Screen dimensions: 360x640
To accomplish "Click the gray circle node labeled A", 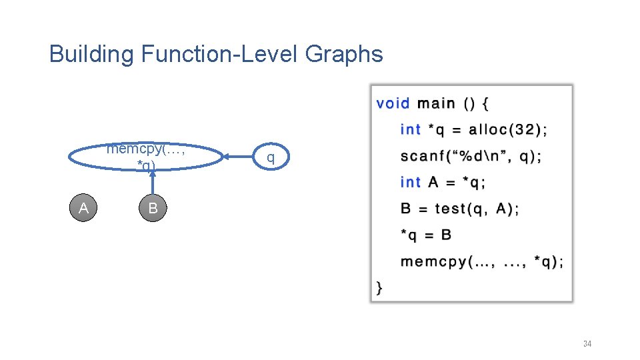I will (x=84, y=209).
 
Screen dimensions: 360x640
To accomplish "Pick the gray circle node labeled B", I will (x=153, y=209).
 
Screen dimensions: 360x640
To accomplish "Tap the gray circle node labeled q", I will (x=270, y=157).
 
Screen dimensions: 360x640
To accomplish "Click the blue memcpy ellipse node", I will (x=146, y=157).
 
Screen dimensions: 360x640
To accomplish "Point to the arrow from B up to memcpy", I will (x=153, y=183).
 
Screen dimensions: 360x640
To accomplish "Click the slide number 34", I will (x=587, y=344).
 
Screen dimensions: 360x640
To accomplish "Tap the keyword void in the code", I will (x=393, y=103).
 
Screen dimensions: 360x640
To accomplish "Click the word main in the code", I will (x=436, y=103).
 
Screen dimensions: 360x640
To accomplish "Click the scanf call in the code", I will (x=471, y=157).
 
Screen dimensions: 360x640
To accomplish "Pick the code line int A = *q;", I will (x=443, y=183).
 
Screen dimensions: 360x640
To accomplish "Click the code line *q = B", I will (x=426, y=235).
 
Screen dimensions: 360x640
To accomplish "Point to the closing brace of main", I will (x=380, y=287).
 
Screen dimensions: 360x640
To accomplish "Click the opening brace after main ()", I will (x=485, y=103).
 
